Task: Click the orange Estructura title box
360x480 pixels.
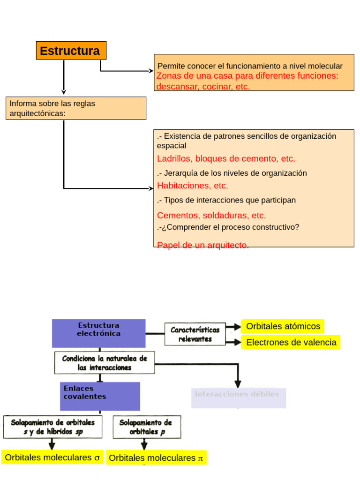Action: click(71, 51)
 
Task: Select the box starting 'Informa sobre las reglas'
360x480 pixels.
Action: click(76, 108)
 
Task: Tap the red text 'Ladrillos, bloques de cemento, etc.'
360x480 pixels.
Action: click(226, 158)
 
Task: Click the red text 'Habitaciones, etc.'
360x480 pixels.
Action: click(192, 186)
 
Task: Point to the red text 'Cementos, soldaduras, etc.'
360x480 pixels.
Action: click(211, 216)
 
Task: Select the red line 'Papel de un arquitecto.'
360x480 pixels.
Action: click(202, 245)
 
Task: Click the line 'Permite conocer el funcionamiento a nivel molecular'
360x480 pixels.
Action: click(250, 66)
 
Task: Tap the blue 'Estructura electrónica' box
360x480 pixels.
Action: click(98, 333)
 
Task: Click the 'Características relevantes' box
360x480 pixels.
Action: click(195, 334)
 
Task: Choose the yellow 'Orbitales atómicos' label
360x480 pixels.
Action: click(283, 326)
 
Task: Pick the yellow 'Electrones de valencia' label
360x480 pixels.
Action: click(291, 342)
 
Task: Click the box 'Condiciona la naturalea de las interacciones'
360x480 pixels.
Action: click(105, 363)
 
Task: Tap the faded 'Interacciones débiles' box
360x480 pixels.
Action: click(238, 397)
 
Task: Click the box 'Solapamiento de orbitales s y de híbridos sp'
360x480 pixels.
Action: click(52, 427)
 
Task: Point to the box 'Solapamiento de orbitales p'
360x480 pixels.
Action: click(147, 427)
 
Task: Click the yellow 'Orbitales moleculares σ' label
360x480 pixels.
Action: click(52, 458)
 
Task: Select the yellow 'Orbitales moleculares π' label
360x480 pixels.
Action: click(156, 458)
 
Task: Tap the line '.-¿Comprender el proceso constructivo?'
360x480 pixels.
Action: click(228, 227)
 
